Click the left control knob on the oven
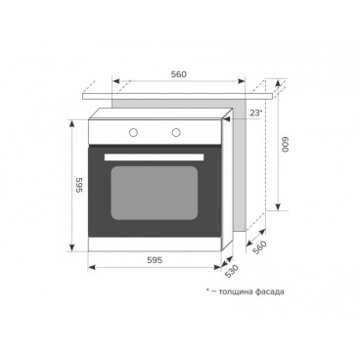click(x=133, y=132)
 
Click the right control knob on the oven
click(x=176, y=132)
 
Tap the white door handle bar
click(x=154, y=157)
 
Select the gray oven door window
click(x=155, y=193)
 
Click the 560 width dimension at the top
click(x=179, y=74)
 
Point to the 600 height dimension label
click(x=286, y=145)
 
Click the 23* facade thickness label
click(x=256, y=113)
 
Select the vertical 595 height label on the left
click(x=78, y=185)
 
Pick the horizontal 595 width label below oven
click(x=155, y=260)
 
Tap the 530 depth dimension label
click(x=232, y=272)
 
